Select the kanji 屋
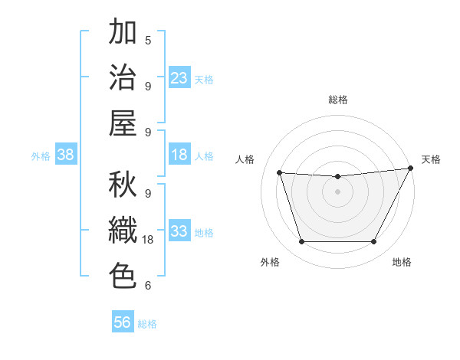point(123,123)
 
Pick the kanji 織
point(123,231)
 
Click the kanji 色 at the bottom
point(123,277)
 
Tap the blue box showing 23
point(179,78)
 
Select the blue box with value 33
point(179,231)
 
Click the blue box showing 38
point(66,155)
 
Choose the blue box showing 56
point(123,322)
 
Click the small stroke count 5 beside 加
point(147,40)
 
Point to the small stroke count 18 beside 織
point(149,240)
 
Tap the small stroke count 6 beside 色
point(147,286)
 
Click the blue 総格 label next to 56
point(147,324)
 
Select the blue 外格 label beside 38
point(41,155)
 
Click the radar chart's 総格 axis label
point(337,100)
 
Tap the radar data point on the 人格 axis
point(279,172)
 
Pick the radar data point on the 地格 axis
point(373,242)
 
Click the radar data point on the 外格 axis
point(301,242)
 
